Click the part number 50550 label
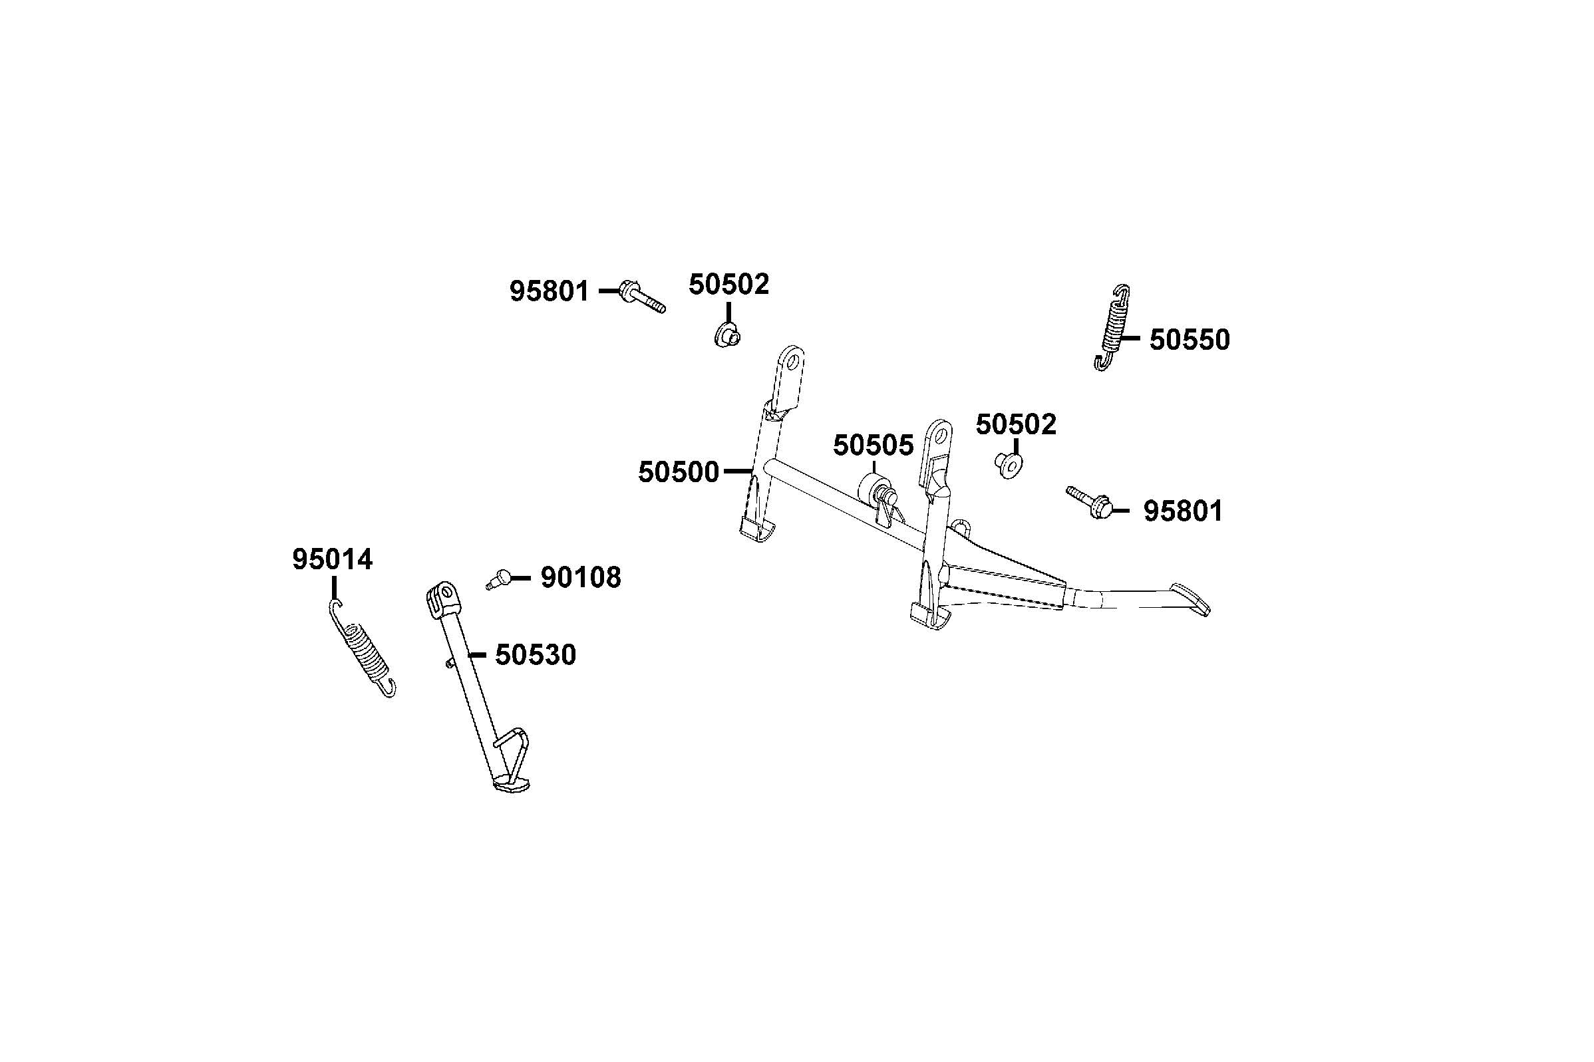[1189, 340]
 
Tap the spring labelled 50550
[1112, 327]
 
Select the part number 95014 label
[332, 560]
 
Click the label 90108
[580, 578]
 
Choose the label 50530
[535, 655]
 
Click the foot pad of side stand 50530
[512, 785]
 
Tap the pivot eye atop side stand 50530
[444, 595]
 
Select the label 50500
[678, 472]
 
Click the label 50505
[873, 446]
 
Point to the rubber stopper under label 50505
[873, 489]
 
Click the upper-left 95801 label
[550, 292]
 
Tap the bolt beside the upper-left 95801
[641, 298]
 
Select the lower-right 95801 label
[1184, 511]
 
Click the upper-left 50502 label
[729, 285]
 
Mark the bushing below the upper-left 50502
[728, 334]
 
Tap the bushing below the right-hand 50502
[1010, 465]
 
